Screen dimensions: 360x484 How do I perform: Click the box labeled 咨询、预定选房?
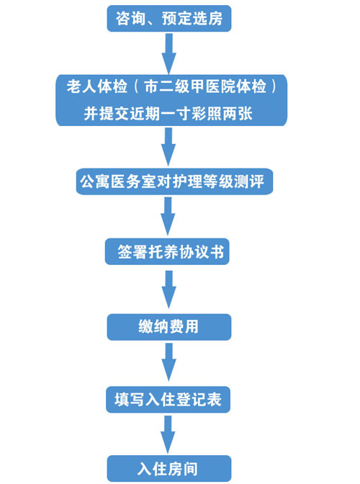pos(169,19)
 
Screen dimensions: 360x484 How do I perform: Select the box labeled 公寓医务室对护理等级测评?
pos(175,181)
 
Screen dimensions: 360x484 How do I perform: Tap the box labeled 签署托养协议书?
pos(167,251)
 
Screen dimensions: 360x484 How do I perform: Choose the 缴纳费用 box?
pos(169,327)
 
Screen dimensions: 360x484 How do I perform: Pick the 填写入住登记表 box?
pos(168,400)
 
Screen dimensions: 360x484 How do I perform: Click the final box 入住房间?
pos(169,469)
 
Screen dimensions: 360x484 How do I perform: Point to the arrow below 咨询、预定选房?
pos(168,54)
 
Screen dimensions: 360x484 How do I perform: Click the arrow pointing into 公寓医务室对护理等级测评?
pos(168,147)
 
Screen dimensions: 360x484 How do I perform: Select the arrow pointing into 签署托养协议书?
pos(168,216)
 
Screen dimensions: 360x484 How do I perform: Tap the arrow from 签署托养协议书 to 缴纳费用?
pos(168,290)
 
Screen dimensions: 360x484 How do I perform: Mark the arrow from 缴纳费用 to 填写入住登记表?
pos(168,362)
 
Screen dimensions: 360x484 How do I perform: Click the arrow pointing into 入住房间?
pos(168,434)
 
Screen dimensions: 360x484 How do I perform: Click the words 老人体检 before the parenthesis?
pos(97,86)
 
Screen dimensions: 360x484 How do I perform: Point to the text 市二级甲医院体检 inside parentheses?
pos(205,86)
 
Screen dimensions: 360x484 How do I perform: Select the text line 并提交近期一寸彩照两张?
pos(168,114)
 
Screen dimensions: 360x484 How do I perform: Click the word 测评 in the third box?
pos(249,181)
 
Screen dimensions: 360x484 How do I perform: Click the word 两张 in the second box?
pos(238,114)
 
